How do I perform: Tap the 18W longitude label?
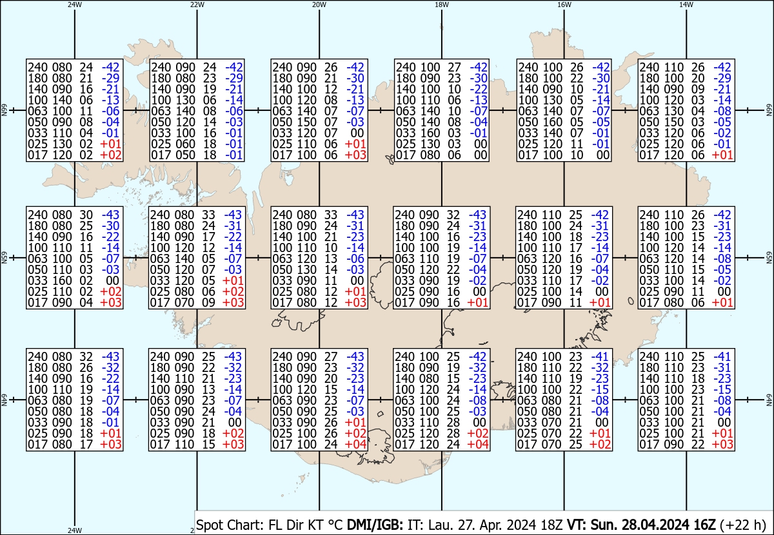tap(441, 5)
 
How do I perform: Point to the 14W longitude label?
tap(686, 5)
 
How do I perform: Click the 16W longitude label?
tap(564, 5)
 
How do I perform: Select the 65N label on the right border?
tap(768, 258)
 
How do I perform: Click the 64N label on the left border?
tap(4, 400)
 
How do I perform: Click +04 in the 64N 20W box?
tap(355, 444)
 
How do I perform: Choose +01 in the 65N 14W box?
tap(722, 303)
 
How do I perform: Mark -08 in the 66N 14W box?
tap(722, 111)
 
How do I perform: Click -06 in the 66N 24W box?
tap(110, 111)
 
